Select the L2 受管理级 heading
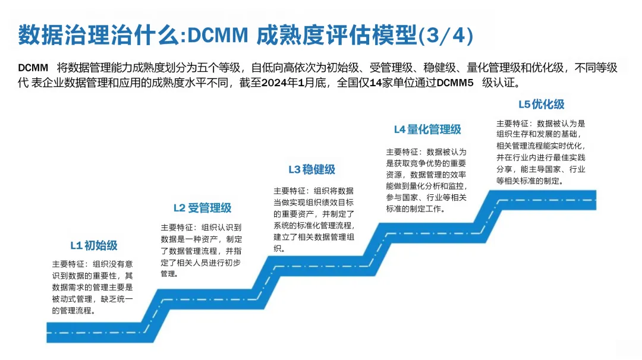(x=202, y=208)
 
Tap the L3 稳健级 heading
(x=311, y=170)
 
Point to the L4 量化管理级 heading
(x=427, y=130)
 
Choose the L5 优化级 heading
(x=541, y=105)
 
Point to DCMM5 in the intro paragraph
(x=455, y=83)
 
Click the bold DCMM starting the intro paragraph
(x=33, y=68)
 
